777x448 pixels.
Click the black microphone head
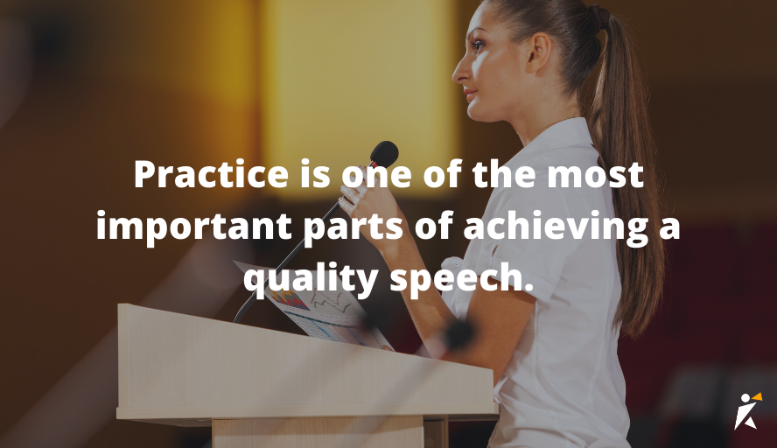383,154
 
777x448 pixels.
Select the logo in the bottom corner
746,409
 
